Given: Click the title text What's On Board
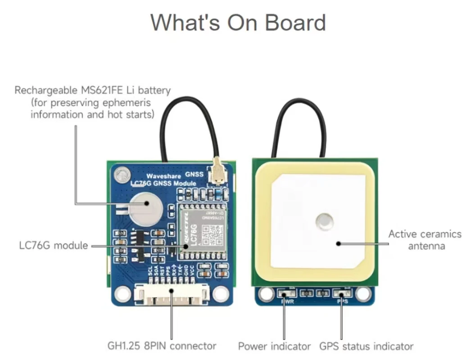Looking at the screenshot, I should click(238, 22).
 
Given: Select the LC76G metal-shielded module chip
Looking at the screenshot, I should click(201, 232).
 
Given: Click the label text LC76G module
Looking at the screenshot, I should click(54, 246).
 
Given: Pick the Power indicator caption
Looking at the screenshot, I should click(274, 346).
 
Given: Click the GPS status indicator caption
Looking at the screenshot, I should click(366, 346).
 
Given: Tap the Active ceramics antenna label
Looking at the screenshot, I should click(425, 240).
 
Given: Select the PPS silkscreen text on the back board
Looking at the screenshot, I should click(342, 301).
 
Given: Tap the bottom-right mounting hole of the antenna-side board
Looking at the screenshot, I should click(362, 293).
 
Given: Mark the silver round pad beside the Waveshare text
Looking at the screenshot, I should click(121, 173).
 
